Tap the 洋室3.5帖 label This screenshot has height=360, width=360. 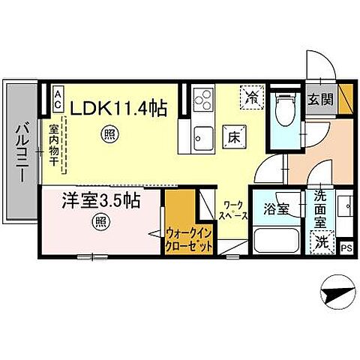coord(100,201)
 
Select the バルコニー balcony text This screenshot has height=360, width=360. coord(20,153)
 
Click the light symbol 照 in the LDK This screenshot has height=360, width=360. coord(108,135)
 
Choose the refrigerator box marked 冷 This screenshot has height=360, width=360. coord(254,96)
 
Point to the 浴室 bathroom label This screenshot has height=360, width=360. coord(277,209)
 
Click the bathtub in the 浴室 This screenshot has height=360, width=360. coord(277,241)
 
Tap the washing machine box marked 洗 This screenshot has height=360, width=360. coord(321,241)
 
